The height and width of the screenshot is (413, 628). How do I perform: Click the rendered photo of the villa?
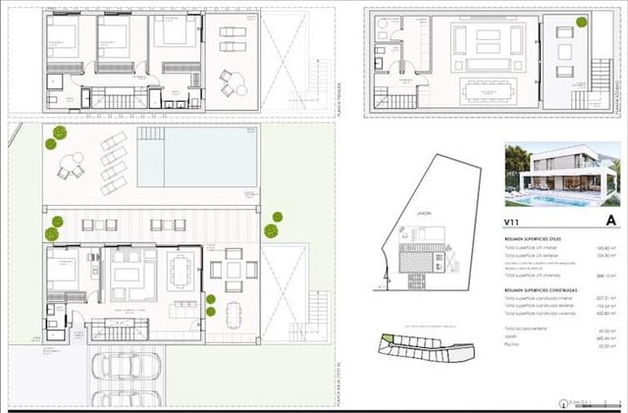point(561,188)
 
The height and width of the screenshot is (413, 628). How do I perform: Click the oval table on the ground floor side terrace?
point(232,315)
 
